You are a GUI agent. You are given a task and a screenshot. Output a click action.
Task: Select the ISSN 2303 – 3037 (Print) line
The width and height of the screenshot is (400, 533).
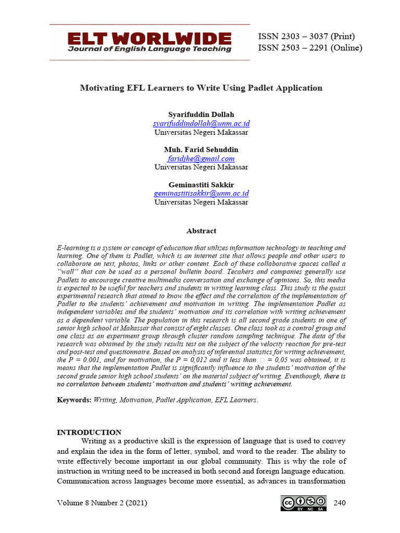tap(306, 36)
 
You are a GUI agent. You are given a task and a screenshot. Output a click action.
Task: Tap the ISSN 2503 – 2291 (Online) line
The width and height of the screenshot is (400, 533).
tap(310, 48)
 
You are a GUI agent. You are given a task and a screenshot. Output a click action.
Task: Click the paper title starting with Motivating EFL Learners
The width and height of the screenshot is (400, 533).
tap(201, 88)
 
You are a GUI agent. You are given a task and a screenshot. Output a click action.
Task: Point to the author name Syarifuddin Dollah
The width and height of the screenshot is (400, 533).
tap(201, 115)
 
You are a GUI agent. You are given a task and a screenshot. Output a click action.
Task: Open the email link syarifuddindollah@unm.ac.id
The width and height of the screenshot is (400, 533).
tap(201, 123)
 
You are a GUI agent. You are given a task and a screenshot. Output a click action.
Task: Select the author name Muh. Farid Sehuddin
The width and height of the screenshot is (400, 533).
tap(201, 150)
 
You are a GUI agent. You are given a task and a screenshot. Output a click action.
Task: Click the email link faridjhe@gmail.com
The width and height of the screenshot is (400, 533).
tap(201, 159)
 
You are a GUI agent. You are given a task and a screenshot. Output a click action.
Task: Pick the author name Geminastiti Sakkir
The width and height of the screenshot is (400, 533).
tap(201, 185)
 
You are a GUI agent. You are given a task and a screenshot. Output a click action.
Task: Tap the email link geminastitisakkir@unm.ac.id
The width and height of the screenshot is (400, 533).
tap(201, 194)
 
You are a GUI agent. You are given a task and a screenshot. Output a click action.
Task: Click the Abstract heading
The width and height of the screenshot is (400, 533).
tap(201, 231)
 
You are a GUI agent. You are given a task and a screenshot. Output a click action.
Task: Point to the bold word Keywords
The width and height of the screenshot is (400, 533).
tap(73, 400)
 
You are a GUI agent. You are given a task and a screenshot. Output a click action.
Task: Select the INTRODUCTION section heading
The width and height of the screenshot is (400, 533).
tap(89, 432)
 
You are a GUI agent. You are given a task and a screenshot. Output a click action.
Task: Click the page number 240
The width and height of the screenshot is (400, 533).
tap(339, 503)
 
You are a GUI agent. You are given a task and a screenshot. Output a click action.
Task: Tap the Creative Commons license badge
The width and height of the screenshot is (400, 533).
tap(304, 503)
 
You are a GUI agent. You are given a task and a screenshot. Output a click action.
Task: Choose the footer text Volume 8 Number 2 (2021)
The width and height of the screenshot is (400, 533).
tap(102, 503)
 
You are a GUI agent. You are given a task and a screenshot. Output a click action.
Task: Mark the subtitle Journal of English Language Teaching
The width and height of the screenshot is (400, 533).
tap(149, 49)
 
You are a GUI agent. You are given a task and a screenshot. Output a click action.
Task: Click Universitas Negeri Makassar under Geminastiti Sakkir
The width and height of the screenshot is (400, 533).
tap(201, 202)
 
